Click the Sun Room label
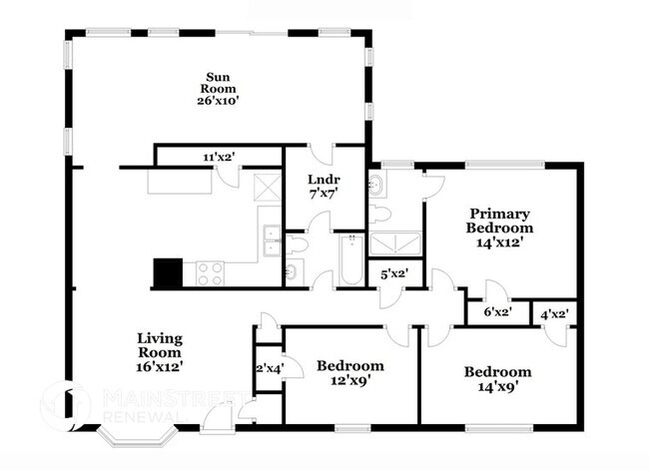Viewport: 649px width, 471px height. pos(218,83)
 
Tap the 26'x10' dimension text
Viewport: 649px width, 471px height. pos(218,101)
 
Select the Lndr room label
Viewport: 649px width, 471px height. pos(324,180)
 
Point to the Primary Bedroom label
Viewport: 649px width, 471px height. pos(499,221)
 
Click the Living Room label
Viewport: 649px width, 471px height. pos(160,345)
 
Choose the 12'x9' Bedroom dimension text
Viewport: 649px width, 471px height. pos(350,380)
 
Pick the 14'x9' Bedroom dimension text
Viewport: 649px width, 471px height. pos(498,386)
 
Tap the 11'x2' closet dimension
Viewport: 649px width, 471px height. pos(220,157)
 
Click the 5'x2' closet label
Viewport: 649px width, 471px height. pos(394,273)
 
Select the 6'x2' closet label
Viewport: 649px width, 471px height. pos(498,312)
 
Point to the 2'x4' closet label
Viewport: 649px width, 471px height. pos(270,368)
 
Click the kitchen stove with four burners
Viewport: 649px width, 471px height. pos(211,273)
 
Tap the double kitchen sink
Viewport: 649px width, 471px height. pos(272,240)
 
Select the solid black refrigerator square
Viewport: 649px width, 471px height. pos(168,272)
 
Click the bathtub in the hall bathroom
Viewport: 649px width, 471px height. pos(351,259)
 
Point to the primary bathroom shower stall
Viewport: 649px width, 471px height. pos(395,243)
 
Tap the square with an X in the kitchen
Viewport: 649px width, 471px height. pos(268,188)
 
